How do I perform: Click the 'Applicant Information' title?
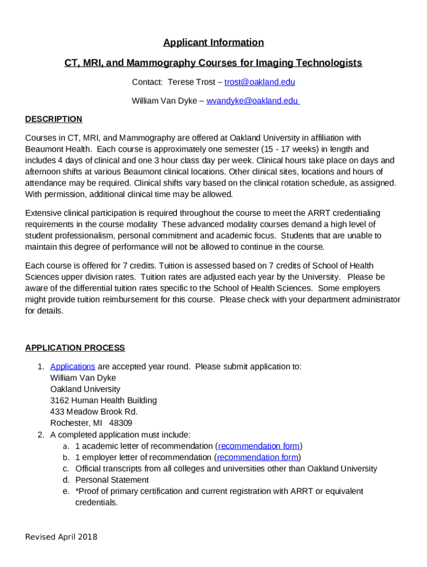(x=213, y=43)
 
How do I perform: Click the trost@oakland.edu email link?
(x=260, y=82)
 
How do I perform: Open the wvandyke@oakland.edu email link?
(x=253, y=101)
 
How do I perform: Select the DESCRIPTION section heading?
(x=53, y=119)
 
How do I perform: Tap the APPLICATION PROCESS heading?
(x=75, y=348)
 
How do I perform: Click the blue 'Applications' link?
(x=72, y=367)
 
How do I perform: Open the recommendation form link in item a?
(x=259, y=446)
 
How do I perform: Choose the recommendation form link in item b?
(x=257, y=457)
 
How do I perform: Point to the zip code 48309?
(x=121, y=423)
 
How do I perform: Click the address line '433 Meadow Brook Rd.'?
(x=94, y=411)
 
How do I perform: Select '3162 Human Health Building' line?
(x=103, y=400)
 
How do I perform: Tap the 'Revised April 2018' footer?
(x=61, y=537)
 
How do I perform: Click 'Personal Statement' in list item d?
(x=112, y=480)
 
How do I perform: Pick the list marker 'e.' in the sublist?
(x=65, y=491)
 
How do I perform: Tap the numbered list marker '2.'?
(x=41, y=435)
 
